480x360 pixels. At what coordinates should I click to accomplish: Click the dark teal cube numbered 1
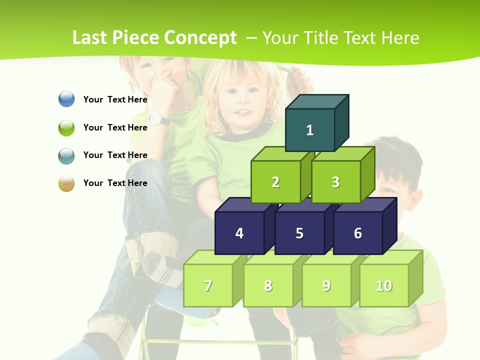point(310,130)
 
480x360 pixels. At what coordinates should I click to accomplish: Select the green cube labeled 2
point(275,182)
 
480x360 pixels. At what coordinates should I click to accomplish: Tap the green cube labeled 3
point(335,182)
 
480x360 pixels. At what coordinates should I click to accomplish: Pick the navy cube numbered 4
point(239,233)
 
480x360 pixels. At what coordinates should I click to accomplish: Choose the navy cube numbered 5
point(299,233)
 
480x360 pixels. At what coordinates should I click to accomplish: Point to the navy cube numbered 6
point(358,233)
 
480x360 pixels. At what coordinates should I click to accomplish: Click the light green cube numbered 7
point(208,285)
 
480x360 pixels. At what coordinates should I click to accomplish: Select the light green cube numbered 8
point(268,285)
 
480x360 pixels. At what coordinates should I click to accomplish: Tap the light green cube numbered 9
point(326,285)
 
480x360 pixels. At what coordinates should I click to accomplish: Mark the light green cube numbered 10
point(384,285)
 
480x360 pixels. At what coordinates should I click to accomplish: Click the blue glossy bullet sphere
point(66,99)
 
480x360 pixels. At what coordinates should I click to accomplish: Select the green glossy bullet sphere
point(66,127)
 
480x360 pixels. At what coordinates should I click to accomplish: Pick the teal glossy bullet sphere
point(66,155)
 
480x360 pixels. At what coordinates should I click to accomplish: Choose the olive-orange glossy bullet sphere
point(66,183)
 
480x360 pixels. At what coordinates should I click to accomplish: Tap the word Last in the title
point(90,38)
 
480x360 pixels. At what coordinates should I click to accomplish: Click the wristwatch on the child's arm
point(156,118)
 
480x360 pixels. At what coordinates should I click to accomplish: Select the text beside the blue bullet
point(115,99)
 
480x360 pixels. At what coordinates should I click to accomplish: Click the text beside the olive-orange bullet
point(115,183)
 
